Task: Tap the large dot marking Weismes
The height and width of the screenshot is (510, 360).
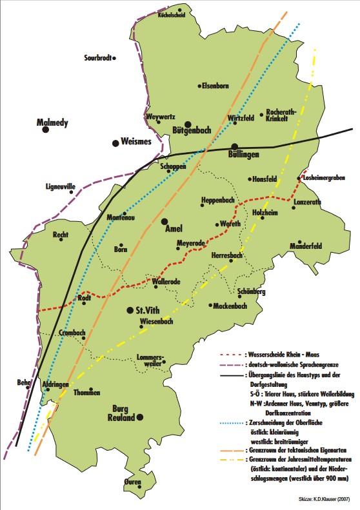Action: pyautogui.click(x=116, y=142)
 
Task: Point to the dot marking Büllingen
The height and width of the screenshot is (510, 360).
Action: pyautogui.click(x=235, y=147)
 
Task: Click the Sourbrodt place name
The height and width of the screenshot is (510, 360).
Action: pyautogui.click(x=98, y=59)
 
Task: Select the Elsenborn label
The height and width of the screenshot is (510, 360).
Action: pyautogui.click(x=216, y=85)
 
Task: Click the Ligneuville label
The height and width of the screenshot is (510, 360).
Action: pyautogui.click(x=57, y=186)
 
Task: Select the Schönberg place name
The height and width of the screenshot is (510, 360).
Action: pyautogui.click(x=252, y=292)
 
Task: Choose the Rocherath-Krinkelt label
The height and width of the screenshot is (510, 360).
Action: pyautogui.click(x=281, y=114)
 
